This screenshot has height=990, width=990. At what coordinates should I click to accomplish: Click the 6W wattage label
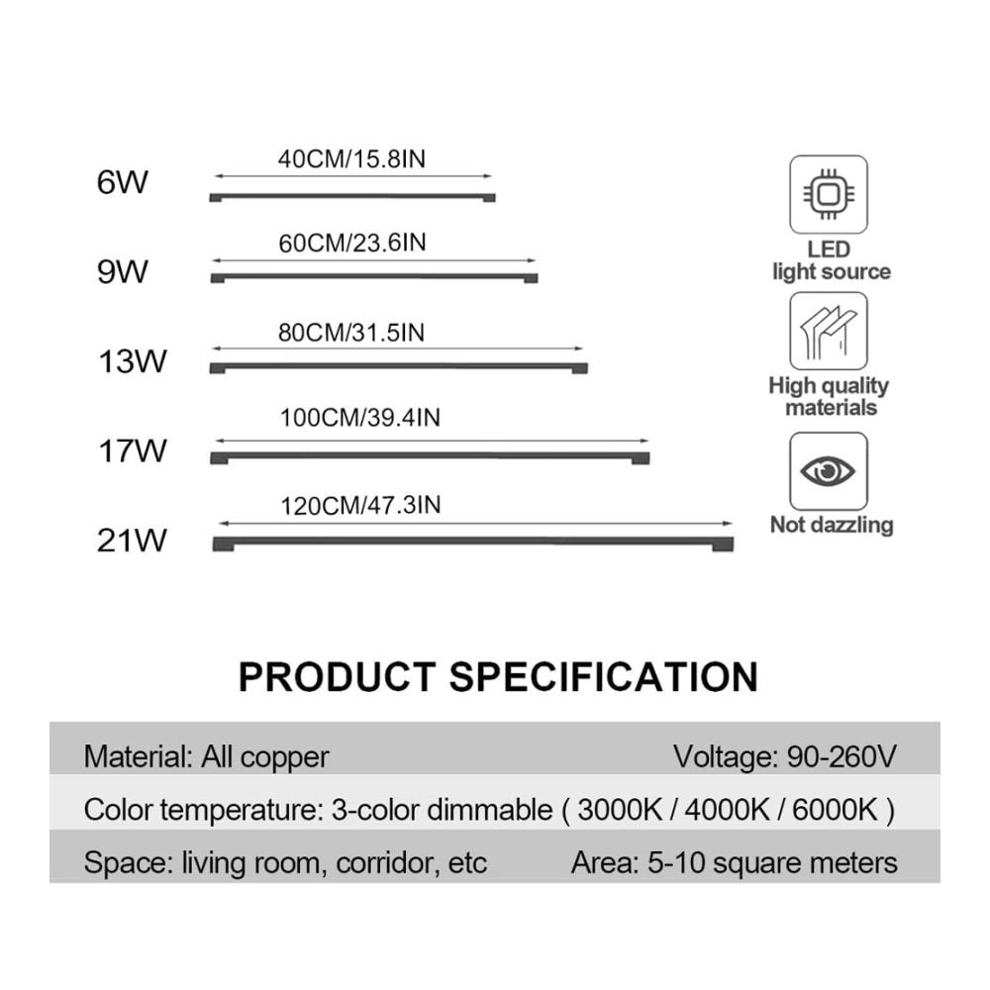click(122, 182)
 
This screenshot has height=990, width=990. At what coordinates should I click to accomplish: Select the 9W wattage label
click(122, 271)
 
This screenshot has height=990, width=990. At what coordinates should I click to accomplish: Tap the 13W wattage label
click(132, 361)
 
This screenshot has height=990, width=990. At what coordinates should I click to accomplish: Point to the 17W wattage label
click(132, 450)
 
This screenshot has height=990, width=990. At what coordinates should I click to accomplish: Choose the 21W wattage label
click(132, 541)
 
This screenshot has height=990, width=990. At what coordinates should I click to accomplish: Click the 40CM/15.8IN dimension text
click(351, 159)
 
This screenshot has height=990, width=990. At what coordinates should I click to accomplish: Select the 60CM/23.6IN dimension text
click(352, 244)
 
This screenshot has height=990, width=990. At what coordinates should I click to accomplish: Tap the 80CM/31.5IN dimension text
click(351, 333)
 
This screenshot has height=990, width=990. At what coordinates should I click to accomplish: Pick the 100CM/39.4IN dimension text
click(360, 418)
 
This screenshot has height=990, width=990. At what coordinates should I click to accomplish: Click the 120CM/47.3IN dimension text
click(360, 505)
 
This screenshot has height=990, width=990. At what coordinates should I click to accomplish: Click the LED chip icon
click(829, 194)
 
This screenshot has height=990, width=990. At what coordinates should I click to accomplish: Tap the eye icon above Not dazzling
click(829, 471)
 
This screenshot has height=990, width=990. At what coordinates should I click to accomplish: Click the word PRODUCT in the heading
click(338, 677)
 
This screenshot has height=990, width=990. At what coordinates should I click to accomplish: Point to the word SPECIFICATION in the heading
click(604, 677)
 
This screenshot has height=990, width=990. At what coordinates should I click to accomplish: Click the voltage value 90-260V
click(841, 755)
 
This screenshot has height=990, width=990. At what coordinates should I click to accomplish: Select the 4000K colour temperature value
click(728, 810)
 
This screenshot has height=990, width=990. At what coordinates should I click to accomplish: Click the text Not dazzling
click(832, 525)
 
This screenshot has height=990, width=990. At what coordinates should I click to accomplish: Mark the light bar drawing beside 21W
click(473, 543)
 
